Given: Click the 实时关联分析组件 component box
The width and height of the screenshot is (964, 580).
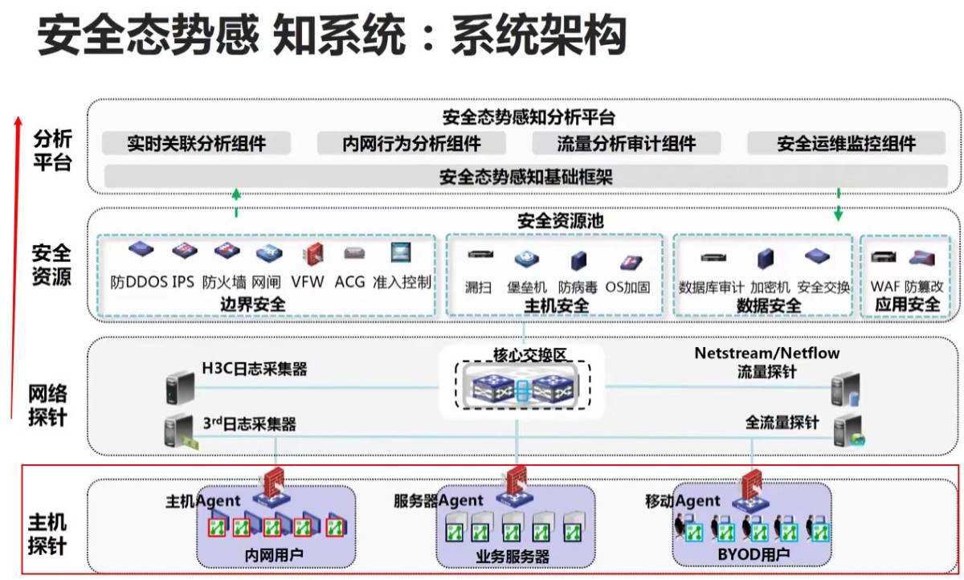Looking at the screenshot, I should [197, 144].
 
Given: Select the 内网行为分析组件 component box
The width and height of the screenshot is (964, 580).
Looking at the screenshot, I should [411, 144].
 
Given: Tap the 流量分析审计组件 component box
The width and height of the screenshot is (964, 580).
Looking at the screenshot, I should [627, 144].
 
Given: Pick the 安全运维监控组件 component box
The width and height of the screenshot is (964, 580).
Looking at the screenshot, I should [846, 144].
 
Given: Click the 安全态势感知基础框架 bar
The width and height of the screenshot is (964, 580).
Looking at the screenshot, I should [525, 176].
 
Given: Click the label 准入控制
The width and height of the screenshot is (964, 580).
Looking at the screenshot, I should [402, 283].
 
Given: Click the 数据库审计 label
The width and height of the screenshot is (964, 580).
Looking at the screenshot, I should [711, 287].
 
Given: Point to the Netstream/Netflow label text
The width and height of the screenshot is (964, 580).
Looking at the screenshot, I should [767, 353].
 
